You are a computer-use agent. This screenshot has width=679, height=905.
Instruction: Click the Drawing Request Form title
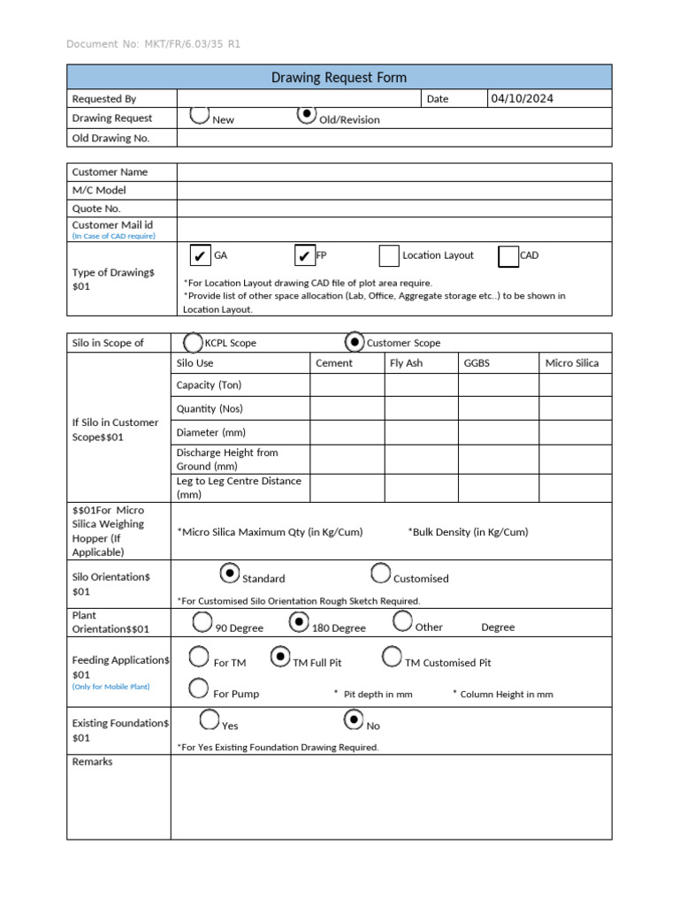point(339,78)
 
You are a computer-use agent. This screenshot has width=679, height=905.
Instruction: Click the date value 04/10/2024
point(522,98)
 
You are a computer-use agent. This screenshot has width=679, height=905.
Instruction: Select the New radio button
point(200,115)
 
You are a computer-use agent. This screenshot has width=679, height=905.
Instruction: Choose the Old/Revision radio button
point(306,115)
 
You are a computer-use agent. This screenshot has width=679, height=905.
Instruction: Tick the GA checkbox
point(200,256)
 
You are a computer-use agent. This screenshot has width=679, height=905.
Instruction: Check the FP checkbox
point(304,256)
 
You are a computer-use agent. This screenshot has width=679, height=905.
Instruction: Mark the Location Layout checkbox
point(389,256)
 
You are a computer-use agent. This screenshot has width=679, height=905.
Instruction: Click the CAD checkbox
point(508,256)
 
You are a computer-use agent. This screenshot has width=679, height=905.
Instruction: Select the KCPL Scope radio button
point(193,342)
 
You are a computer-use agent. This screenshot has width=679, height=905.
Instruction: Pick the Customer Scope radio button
point(354,341)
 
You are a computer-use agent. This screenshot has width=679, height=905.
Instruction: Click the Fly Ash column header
point(406,363)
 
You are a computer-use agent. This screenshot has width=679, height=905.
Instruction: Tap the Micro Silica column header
point(572,363)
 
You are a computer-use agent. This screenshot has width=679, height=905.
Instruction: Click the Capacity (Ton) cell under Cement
point(347,385)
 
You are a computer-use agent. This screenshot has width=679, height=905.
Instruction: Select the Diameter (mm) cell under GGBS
point(498,432)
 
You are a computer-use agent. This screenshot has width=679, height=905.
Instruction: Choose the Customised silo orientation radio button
point(381,574)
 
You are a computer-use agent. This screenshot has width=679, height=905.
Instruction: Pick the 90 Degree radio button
point(202,622)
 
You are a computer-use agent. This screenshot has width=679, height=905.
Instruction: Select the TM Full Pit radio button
point(280,657)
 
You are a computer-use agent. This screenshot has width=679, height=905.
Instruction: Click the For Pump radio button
point(199,688)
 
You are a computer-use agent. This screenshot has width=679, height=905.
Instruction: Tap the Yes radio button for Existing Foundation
point(210,720)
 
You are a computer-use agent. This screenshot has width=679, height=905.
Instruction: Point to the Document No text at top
point(153,44)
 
